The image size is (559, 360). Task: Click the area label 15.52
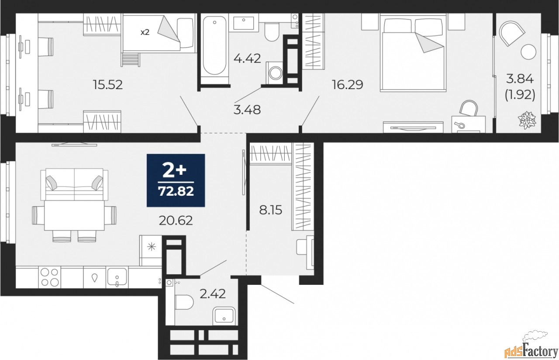[107, 84]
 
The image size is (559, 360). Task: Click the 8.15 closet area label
[271, 211]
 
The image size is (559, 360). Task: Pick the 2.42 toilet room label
[213, 294]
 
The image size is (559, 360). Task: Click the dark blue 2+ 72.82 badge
[176, 180]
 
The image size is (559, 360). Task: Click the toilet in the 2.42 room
[184, 301]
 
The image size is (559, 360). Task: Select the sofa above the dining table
[74, 183]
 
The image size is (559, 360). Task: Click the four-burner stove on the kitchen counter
[49, 277]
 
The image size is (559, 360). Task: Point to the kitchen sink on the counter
[117, 277]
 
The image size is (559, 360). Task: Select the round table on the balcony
[528, 52]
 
